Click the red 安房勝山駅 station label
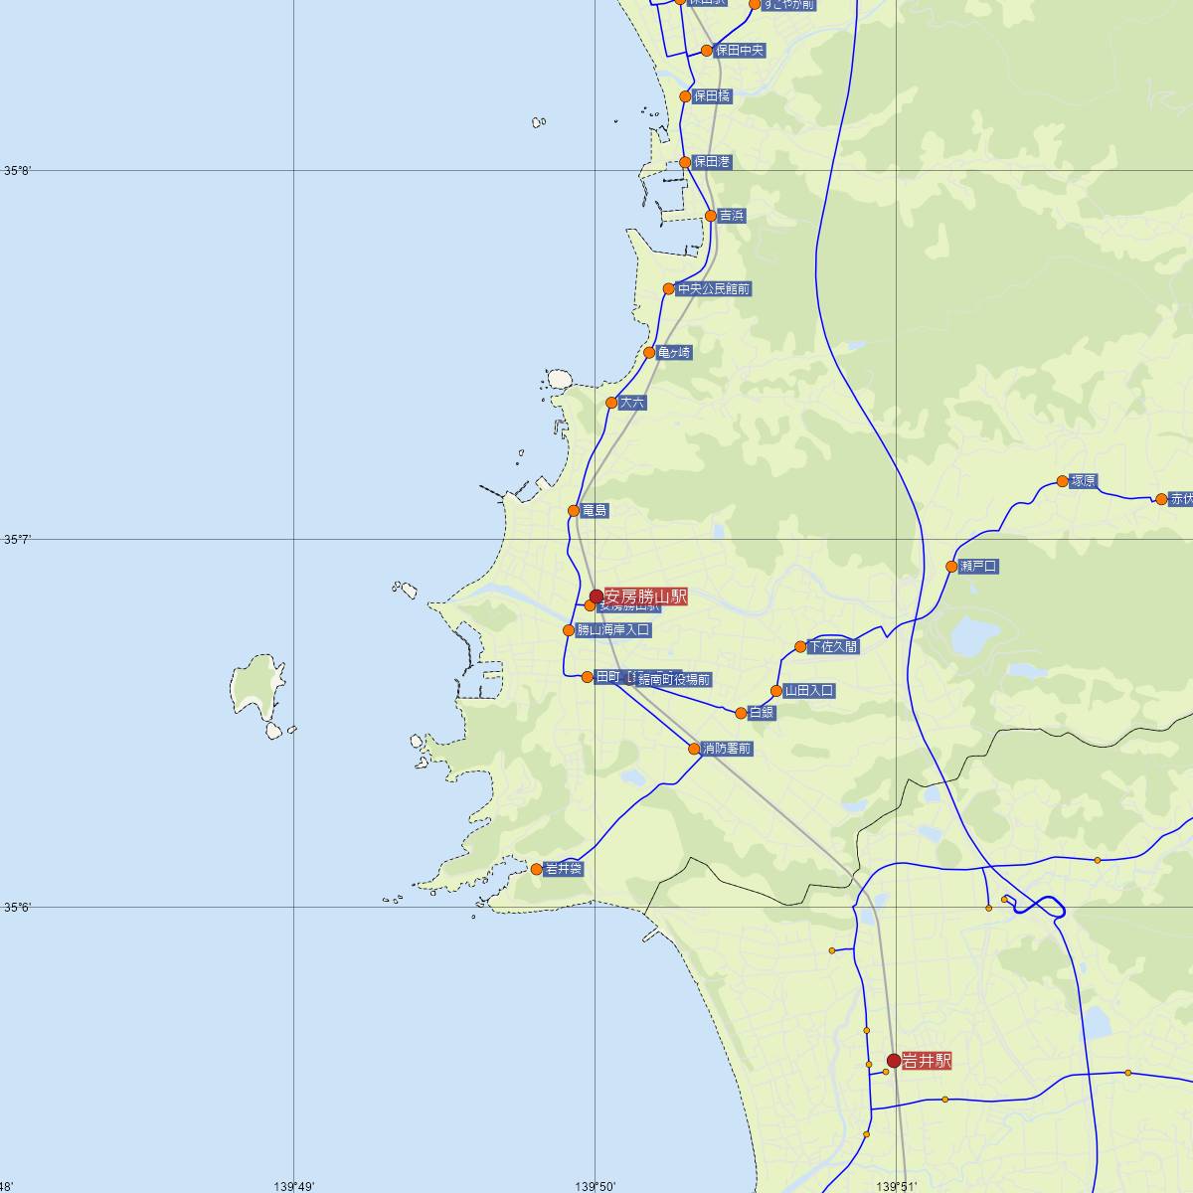tap(645, 596)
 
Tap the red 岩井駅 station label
tap(927, 1061)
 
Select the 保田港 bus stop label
tap(712, 162)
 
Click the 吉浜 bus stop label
tap(732, 216)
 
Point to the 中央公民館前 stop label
tap(713, 289)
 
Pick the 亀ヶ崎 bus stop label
tap(673, 353)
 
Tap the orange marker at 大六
tap(611, 403)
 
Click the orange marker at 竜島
tap(574, 511)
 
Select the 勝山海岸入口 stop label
tap(613, 630)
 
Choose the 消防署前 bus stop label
tap(726, 749)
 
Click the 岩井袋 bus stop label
tap(564, 869)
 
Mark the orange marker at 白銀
tap(741, 713)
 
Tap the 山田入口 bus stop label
tap(808, 691)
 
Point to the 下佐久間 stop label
tap(833, 647)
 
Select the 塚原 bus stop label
tap(1083, 482)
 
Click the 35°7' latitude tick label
tap(18, 540)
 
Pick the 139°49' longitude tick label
tap(293, 1185)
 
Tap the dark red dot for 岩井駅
tap(894, 1061)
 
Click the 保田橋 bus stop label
tap(712, 96)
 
